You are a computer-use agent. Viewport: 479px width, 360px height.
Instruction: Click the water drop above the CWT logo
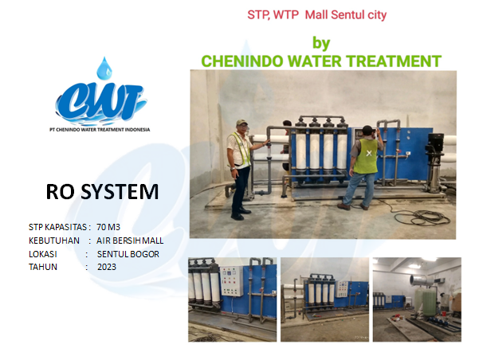pyautogui.click(x=104, y=68)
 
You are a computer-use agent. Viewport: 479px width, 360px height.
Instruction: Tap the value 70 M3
pyautogui.click(x=108, y=227)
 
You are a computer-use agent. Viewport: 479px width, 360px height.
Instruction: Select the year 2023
pyautogui.click(x=107, y=267)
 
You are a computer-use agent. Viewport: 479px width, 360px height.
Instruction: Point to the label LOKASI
pyautogui.click(x=43, y=254)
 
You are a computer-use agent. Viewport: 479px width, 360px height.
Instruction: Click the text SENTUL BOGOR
pyautogui.click(x=128, y=254)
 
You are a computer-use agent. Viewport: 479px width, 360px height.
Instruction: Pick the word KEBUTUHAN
pyautogui.click(x=54, y=241)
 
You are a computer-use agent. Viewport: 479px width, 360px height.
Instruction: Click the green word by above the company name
pyautogui.click(x=321, y=43)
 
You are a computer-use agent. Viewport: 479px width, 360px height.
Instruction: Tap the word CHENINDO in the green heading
pyautogui.click(x=242, y=61)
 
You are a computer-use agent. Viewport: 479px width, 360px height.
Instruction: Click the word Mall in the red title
pyautogui.click(x=316, y=14)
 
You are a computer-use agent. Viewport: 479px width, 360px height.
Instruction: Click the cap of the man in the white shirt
pyautogui.click(x=241, y=123)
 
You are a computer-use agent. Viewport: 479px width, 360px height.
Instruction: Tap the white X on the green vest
pyautogui.click(x=369, y=153)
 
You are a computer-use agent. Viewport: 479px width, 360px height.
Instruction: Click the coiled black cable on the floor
pyautogui.click(x=422, y=217)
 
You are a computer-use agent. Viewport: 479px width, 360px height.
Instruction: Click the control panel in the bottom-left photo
pyautogui.click(x=232, y=281)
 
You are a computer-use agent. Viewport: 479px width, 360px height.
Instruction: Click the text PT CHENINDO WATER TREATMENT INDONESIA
pyautogui.click(x=100, y=130)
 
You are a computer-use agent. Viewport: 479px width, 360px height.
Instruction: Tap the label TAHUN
pyautogui.click(x=43, y=267)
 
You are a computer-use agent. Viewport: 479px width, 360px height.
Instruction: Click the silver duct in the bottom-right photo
pyautogui.click(x=422, y=280)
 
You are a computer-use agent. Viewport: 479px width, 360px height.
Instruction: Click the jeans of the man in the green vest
pyautogui.click(x=359, y=189)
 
